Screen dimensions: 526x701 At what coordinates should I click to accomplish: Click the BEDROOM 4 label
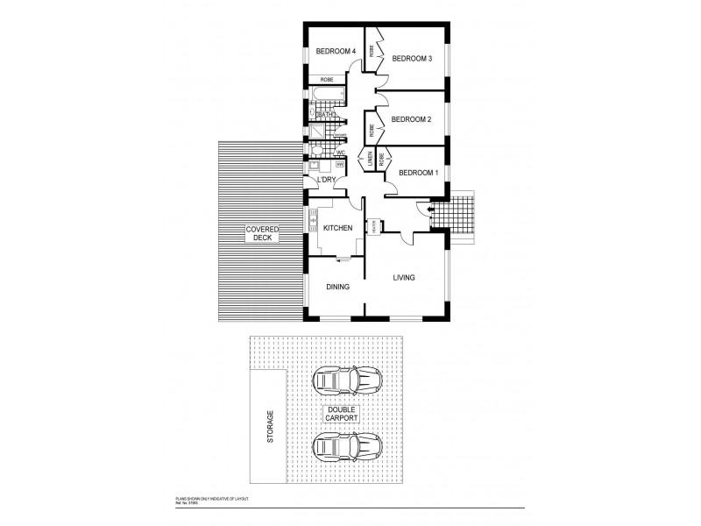coord(336,52)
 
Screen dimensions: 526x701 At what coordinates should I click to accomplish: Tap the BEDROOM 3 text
coord(412,59)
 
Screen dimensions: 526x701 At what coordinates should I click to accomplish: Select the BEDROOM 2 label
coord(412,119)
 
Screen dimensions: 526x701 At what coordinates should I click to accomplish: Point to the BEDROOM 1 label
coord(418,173)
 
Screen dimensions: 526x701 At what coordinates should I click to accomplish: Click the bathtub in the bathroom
coord(325,96)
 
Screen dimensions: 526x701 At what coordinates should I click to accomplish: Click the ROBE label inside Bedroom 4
coord(326,80)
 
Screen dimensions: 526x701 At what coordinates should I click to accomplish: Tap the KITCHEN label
coord(337,228)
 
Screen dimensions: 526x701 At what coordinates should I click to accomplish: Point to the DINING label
coord(338,287)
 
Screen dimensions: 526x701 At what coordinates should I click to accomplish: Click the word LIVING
coord(403,278)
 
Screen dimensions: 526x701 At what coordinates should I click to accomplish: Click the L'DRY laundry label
coord(326,180)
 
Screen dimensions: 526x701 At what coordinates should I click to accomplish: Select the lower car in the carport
coord(347,448)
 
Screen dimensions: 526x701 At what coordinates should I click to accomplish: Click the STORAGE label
coord(270,427)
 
